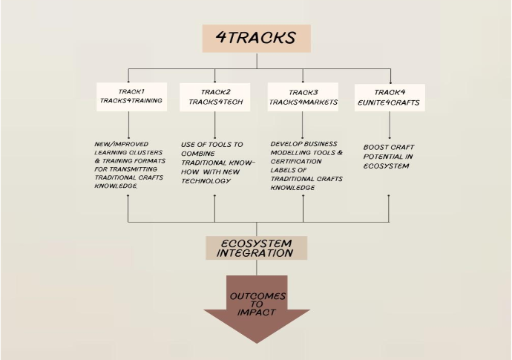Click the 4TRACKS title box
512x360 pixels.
[256, 38]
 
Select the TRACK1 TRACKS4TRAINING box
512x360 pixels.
[131, 96]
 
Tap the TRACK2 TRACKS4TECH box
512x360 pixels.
[214, 96]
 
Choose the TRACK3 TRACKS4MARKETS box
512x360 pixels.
[303, 96]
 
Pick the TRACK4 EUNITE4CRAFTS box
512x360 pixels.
[390, 97]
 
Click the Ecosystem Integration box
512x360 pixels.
[256, 248]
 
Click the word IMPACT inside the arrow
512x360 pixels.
[257, 312]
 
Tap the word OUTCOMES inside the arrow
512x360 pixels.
[257, 296]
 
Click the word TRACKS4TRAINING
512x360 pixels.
[131, 102]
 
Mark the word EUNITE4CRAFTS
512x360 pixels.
[390, 102]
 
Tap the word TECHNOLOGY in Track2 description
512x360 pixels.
[207, 181]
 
